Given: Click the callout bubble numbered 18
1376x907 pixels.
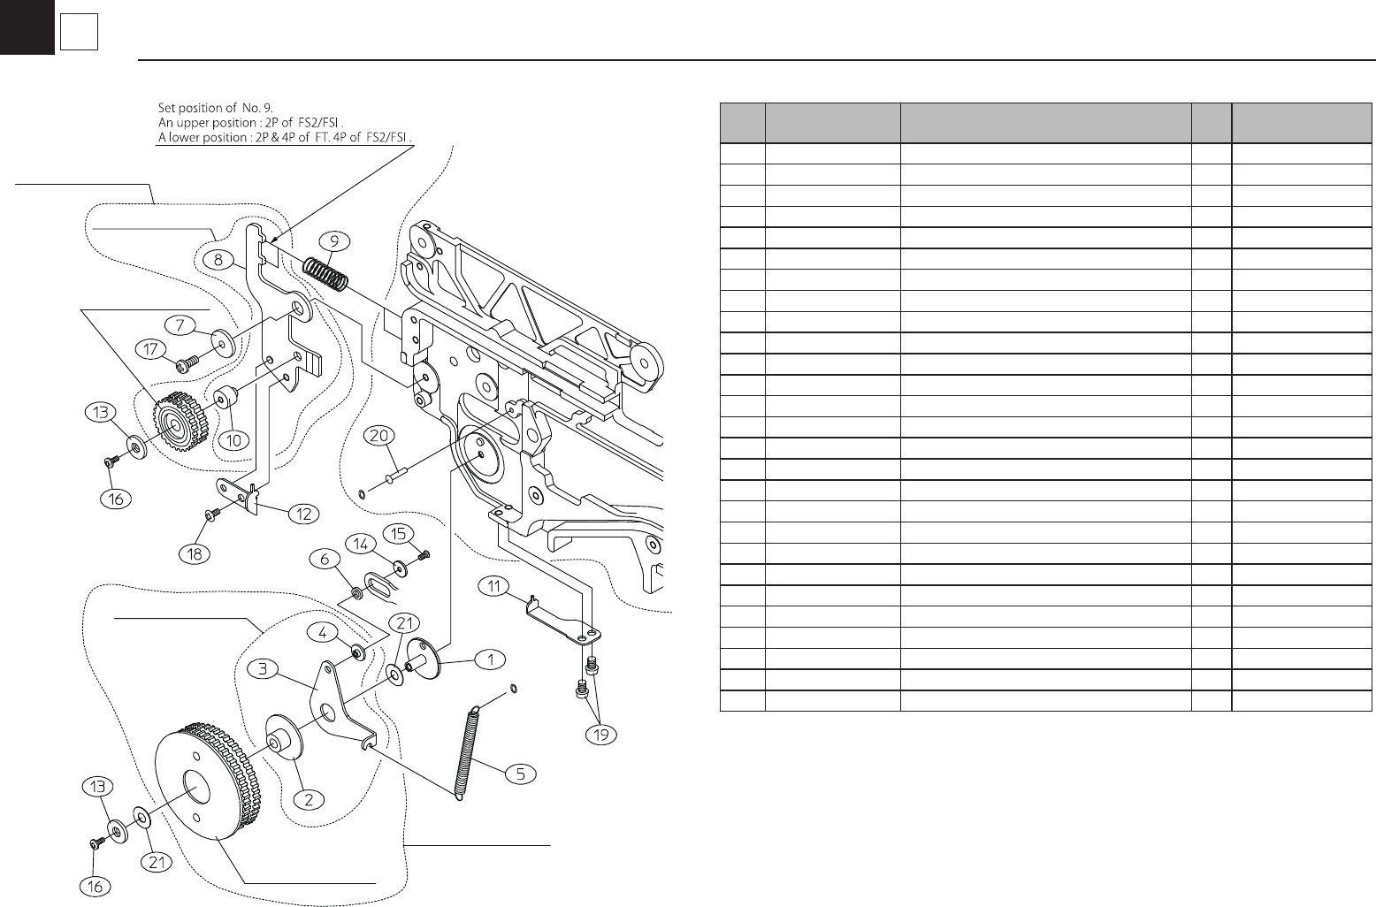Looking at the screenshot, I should tap(195, 554).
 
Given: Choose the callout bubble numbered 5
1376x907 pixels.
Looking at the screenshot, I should tap(521, 774).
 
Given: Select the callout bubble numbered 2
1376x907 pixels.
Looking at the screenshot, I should tap(309, 799).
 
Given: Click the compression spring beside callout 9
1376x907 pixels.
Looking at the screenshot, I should tap(326, 271).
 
